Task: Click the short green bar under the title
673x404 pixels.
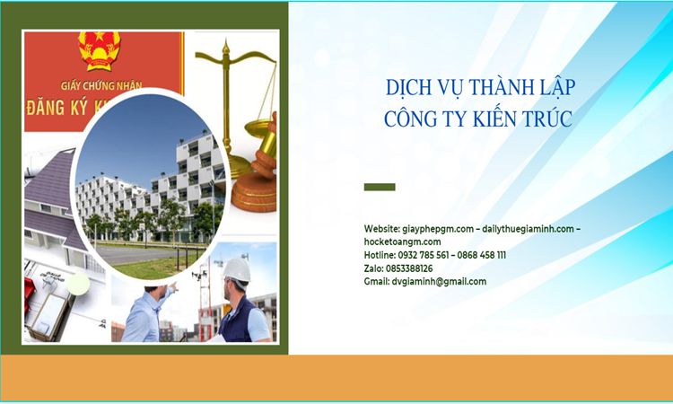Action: [380, 187]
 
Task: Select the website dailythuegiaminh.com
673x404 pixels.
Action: [528, 228]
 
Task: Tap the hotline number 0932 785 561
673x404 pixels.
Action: [424, 255]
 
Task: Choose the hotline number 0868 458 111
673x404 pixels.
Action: [482, 255]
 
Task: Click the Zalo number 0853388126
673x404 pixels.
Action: [409, 268]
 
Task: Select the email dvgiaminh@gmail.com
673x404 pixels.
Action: [439, 282]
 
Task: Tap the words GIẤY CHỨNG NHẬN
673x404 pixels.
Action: [101, 85]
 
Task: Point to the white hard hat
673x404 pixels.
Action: [237, 269]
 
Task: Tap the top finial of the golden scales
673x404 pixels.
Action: [226, 47]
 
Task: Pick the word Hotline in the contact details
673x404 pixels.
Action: [380, 255]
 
